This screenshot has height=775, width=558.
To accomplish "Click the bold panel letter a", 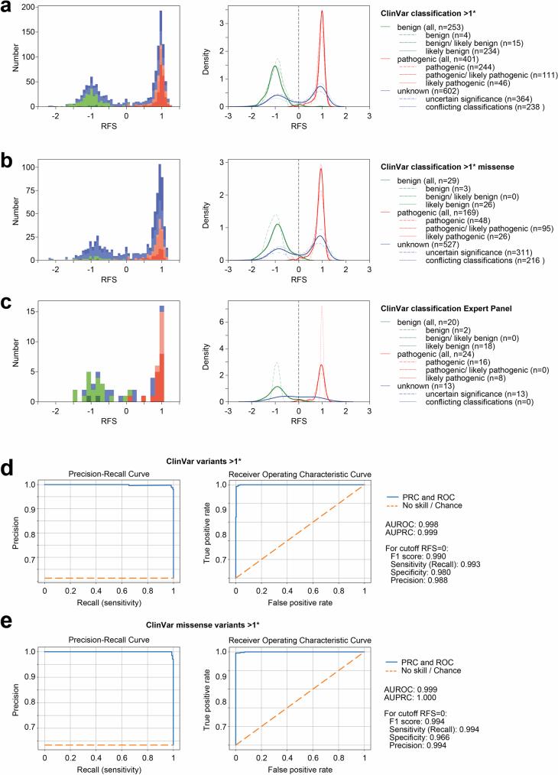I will tap(8, 11).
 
